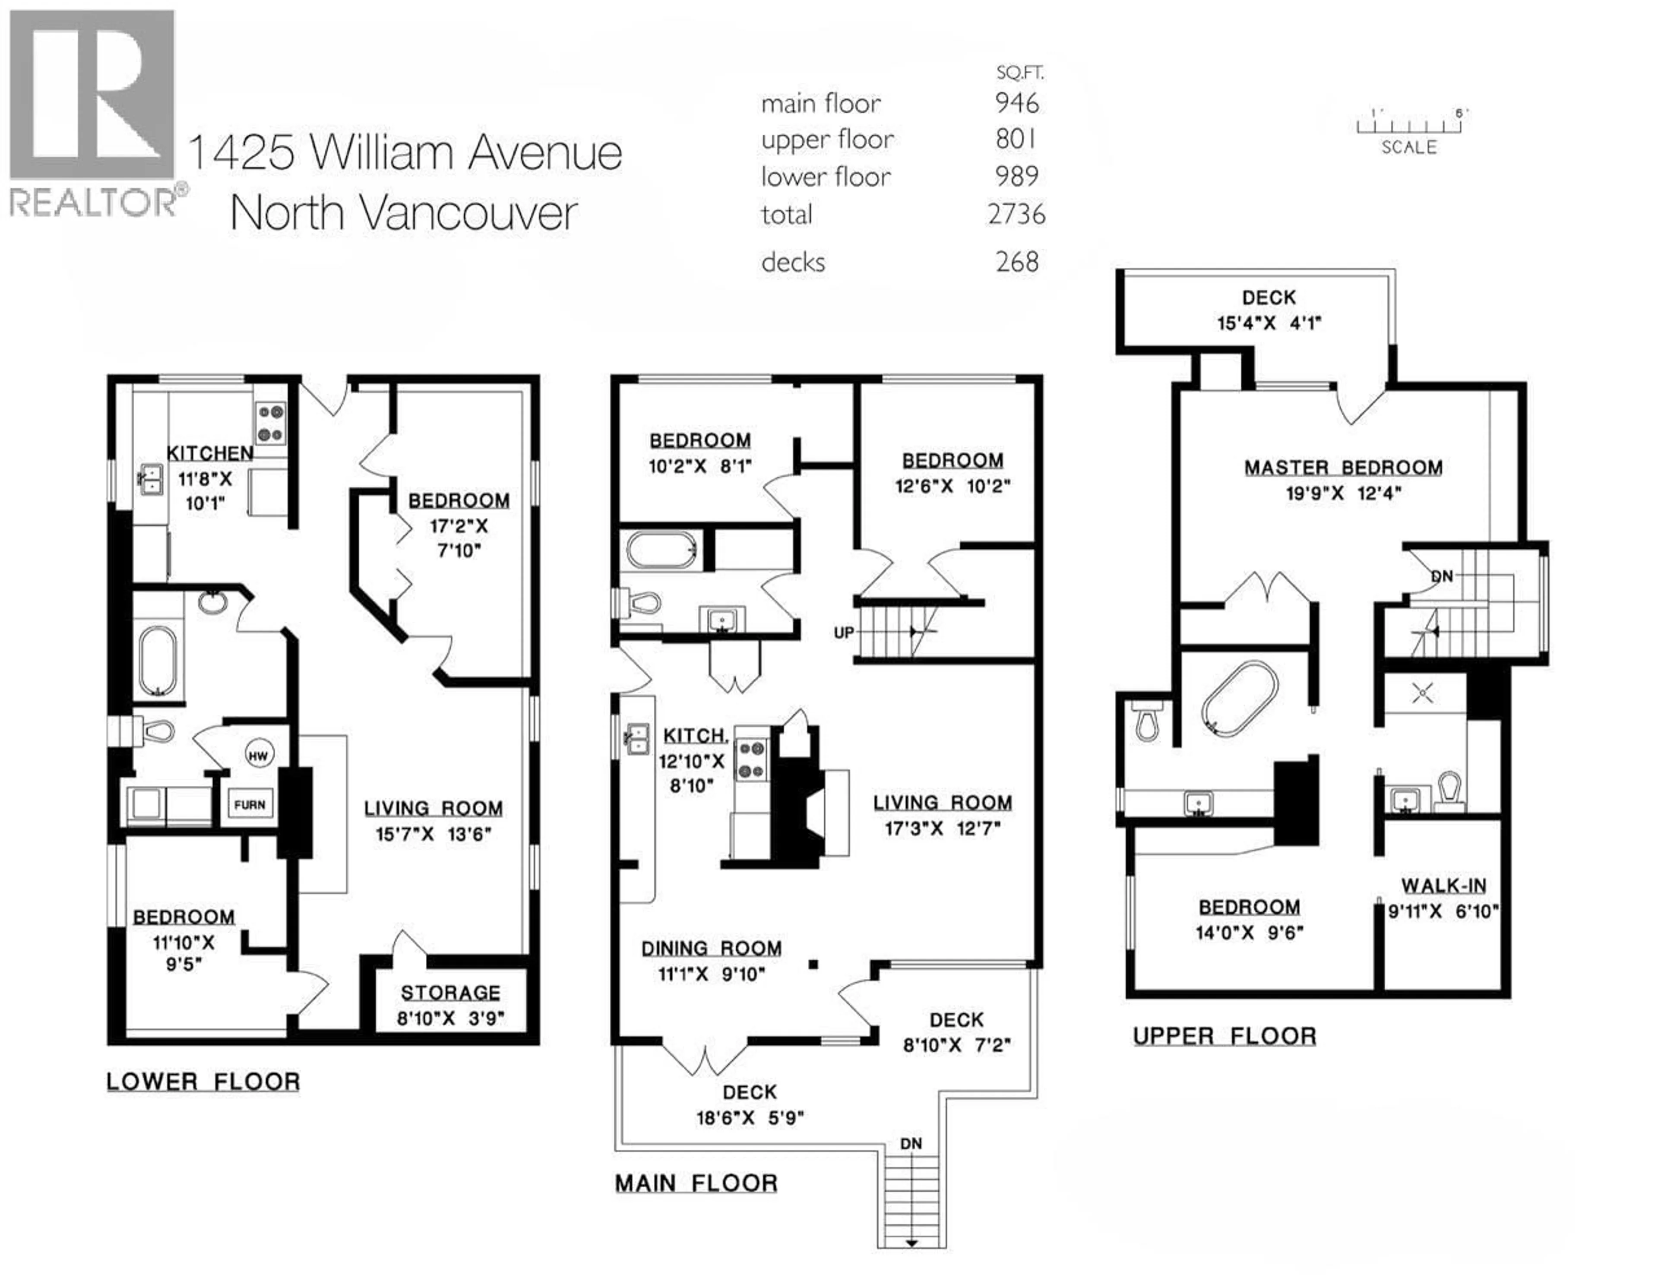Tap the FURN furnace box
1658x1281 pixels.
[x=250, y=804]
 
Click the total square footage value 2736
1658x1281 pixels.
[x=1016, y=215]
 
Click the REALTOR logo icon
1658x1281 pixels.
[x=92, y=95]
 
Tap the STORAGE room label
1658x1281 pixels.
[x=450, y=993]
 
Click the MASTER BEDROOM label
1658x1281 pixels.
[x=1343, y=468]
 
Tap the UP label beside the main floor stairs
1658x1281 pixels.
[x=843, y=633]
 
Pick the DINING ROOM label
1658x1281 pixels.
[x=711, y=949]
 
